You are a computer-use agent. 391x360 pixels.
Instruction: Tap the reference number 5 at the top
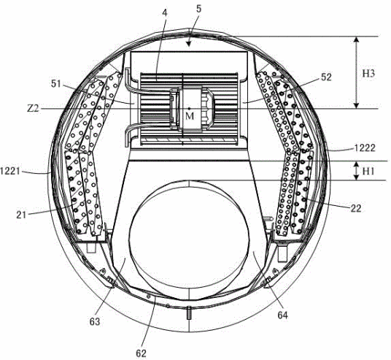coord(198,9)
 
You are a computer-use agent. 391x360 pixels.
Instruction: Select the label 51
coord(56,84)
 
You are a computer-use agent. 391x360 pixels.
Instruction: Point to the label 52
coord(326,77)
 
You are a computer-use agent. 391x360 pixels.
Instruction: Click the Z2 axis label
coord(33,109)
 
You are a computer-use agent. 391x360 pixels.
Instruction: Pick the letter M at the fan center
coord(190,116)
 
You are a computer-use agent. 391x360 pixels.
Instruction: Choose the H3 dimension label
coord(368,74)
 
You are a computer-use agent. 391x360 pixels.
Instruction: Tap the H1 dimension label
coord(368,172)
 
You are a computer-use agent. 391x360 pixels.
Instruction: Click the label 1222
coord(365,148)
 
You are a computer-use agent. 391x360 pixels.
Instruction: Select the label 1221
coord(10,171)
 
